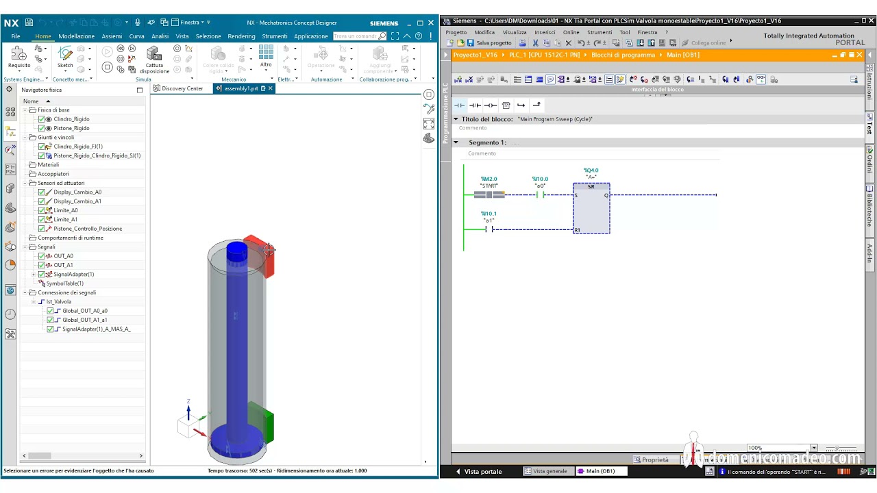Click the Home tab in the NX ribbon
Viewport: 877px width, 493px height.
[43, 36]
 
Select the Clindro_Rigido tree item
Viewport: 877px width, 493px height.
[71, 119]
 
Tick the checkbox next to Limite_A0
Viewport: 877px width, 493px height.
[42, 210]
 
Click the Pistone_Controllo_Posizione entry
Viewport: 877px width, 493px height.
[88, 229]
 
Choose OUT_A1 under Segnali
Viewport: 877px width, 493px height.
[63, 265]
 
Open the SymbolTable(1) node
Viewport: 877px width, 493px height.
[64, 283]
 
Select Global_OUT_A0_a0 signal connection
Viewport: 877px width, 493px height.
[84, 311]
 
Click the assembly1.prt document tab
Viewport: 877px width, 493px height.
[240, 88]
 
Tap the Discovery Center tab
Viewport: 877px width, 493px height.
[182, 88]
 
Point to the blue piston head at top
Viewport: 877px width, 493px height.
[236, 251]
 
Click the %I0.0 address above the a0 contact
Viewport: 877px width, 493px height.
[540, 179]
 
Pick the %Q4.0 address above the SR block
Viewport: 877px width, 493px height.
[591, 170]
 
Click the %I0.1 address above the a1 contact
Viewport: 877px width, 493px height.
[489, 214]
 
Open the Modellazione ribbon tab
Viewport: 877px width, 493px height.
[76, 36]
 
